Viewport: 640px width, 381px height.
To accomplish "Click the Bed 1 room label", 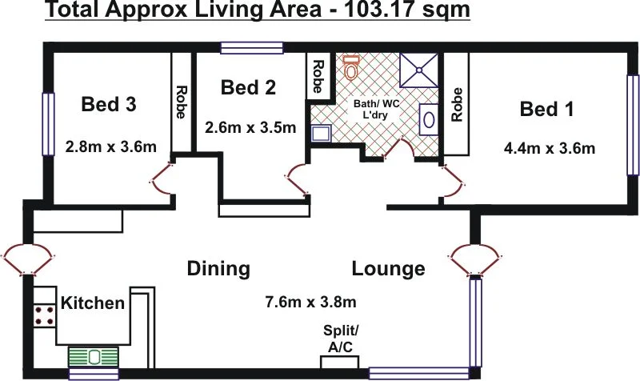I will point(547,110).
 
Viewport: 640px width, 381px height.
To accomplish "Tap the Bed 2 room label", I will point(248,87).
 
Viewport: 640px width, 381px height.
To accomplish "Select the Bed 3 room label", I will point(109,104).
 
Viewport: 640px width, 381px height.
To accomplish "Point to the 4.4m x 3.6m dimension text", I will point(549,148).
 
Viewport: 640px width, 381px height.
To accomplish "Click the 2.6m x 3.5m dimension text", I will point(250,127).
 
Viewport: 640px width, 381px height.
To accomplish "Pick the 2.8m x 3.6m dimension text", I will point(110,146).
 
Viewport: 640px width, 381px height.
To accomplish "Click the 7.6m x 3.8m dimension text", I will point(310,302).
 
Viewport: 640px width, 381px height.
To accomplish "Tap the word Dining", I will point(218,268).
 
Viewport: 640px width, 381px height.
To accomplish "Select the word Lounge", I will point(388,268).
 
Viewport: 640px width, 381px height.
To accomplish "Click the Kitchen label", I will point(94,303).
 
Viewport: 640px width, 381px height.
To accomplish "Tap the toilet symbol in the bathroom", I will point(350,67).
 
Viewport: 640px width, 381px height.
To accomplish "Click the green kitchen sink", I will point(93,355).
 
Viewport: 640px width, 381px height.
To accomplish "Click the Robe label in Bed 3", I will point(181,103).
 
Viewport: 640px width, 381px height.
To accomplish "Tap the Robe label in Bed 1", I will point(457,103).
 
